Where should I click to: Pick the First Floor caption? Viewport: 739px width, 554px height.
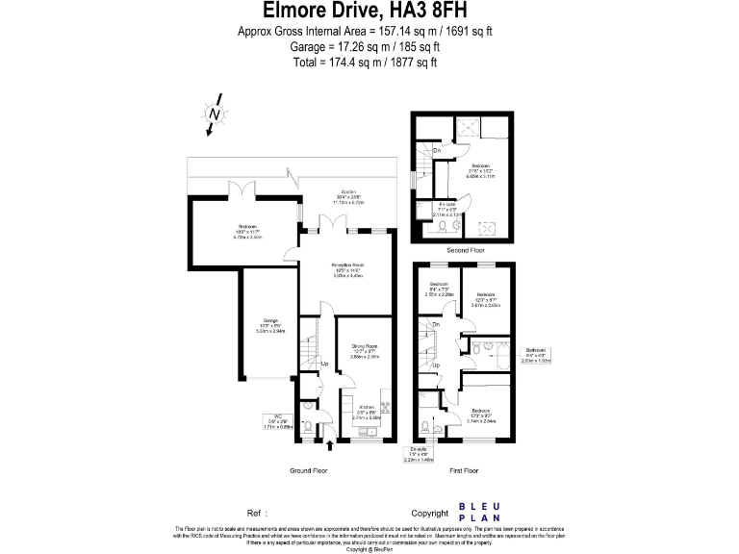(464, 471)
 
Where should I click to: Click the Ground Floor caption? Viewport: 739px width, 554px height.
(309, 471)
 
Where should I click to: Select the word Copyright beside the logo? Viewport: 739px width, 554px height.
(429, 514)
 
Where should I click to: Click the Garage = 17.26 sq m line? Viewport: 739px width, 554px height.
(365, 46)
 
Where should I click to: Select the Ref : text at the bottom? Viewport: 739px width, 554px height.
(256, 514)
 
